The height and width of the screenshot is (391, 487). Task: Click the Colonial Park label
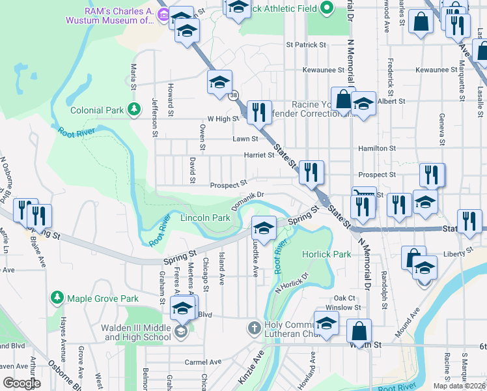98,111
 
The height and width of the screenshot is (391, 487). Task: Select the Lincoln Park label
204,218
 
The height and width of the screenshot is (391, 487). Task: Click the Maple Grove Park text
103,298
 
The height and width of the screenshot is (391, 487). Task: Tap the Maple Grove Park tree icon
57,298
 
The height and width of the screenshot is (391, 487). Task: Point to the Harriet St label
259,155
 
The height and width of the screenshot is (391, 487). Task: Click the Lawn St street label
245,139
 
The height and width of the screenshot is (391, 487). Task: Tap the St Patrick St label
306,45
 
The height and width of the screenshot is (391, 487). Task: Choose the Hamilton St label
377,149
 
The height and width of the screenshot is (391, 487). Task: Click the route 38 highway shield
233,96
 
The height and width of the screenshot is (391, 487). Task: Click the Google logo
21,383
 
